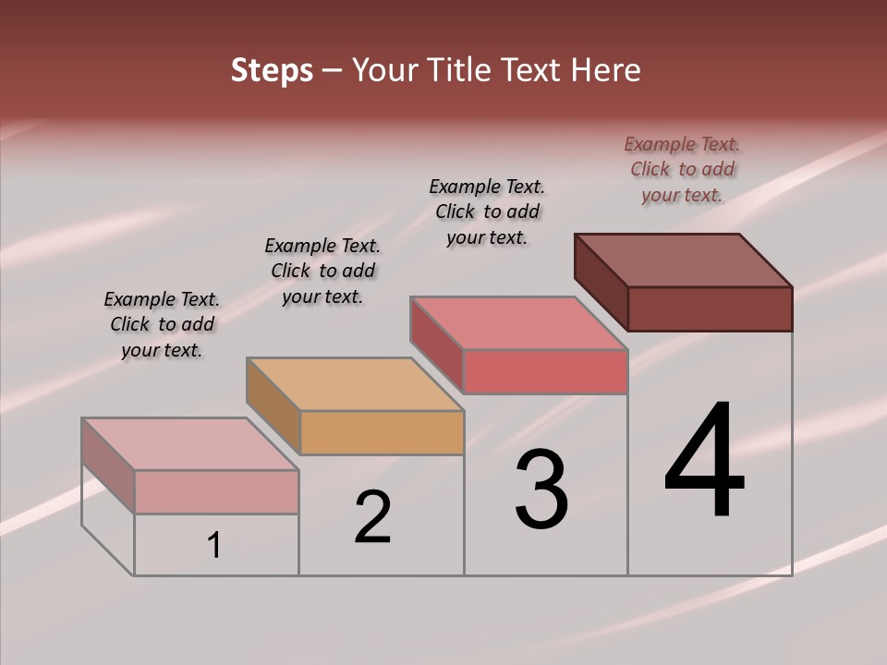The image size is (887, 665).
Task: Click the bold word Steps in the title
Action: (x=272, y=70)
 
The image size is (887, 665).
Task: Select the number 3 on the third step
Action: (x=541, y=490)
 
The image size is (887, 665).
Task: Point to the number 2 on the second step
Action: (x=373, y=517)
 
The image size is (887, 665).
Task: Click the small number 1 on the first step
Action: (x=214, y=545)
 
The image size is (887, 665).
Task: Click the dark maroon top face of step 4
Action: (x=684, y=260)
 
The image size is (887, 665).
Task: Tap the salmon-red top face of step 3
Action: (x=519, y=323)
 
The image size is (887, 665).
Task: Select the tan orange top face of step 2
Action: (x=355, y=384)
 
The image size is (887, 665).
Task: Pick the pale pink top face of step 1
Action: (x=190, y=444)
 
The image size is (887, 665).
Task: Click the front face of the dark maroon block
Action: (x=710, y=308)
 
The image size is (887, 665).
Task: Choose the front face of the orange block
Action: (x=382, y=432)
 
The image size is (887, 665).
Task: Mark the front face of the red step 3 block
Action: (x=545, y=371)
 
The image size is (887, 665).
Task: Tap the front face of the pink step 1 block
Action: (x=216, y=491)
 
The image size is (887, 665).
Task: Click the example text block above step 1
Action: (x=162, y=324)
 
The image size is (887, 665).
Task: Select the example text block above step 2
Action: (x=322, y=271)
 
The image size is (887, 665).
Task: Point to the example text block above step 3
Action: (x=487, y=212)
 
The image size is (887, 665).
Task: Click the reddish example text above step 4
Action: (x=682, y=169)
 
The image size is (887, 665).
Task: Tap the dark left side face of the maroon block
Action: (x=601, y=281)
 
